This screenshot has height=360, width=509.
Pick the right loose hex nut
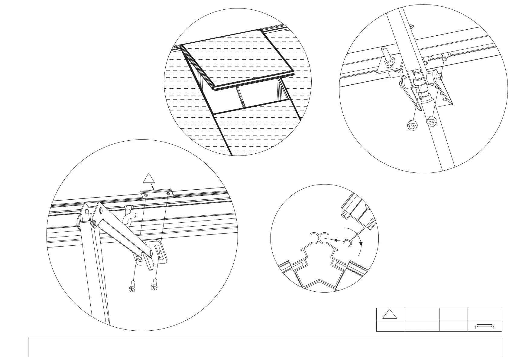tap(431, 122)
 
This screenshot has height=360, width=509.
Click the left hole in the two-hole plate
tap(146, 196)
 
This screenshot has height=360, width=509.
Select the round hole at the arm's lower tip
tap(151, 253)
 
